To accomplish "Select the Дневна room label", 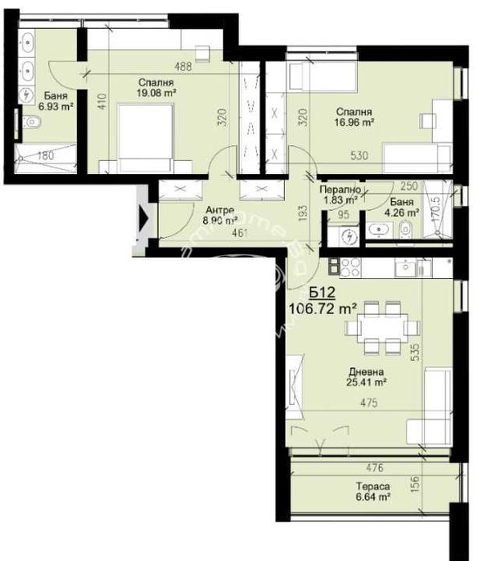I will click(x=365, y=372).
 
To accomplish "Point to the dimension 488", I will click(x=182, y=67).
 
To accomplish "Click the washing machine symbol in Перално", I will click(x=350, y=236).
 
